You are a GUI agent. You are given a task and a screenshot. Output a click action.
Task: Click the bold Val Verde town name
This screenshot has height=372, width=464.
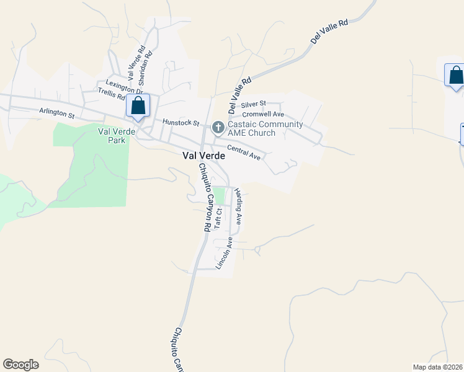[x=203, y=156]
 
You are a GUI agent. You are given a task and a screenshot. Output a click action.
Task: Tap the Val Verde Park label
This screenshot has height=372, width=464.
[x=112, y=136]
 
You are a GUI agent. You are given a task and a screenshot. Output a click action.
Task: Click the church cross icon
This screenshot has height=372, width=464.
[x=218, y=128]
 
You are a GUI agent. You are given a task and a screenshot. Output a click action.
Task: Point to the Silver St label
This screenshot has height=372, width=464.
[x=253, y=104]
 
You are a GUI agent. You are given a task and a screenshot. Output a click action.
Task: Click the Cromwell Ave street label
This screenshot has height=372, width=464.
[x=263, y=114]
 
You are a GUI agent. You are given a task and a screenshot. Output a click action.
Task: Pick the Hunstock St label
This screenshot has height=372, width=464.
[x=180, y=123]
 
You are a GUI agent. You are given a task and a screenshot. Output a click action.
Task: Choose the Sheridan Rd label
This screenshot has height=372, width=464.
[x=145, y=69]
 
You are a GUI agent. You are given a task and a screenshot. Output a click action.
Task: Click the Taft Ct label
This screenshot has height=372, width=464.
[x=218, y=218]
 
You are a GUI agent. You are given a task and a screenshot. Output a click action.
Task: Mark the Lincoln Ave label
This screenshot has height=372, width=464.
[x=224, y=253]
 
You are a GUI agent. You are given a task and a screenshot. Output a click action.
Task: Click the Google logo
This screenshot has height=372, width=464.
[x=20, y=365]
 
